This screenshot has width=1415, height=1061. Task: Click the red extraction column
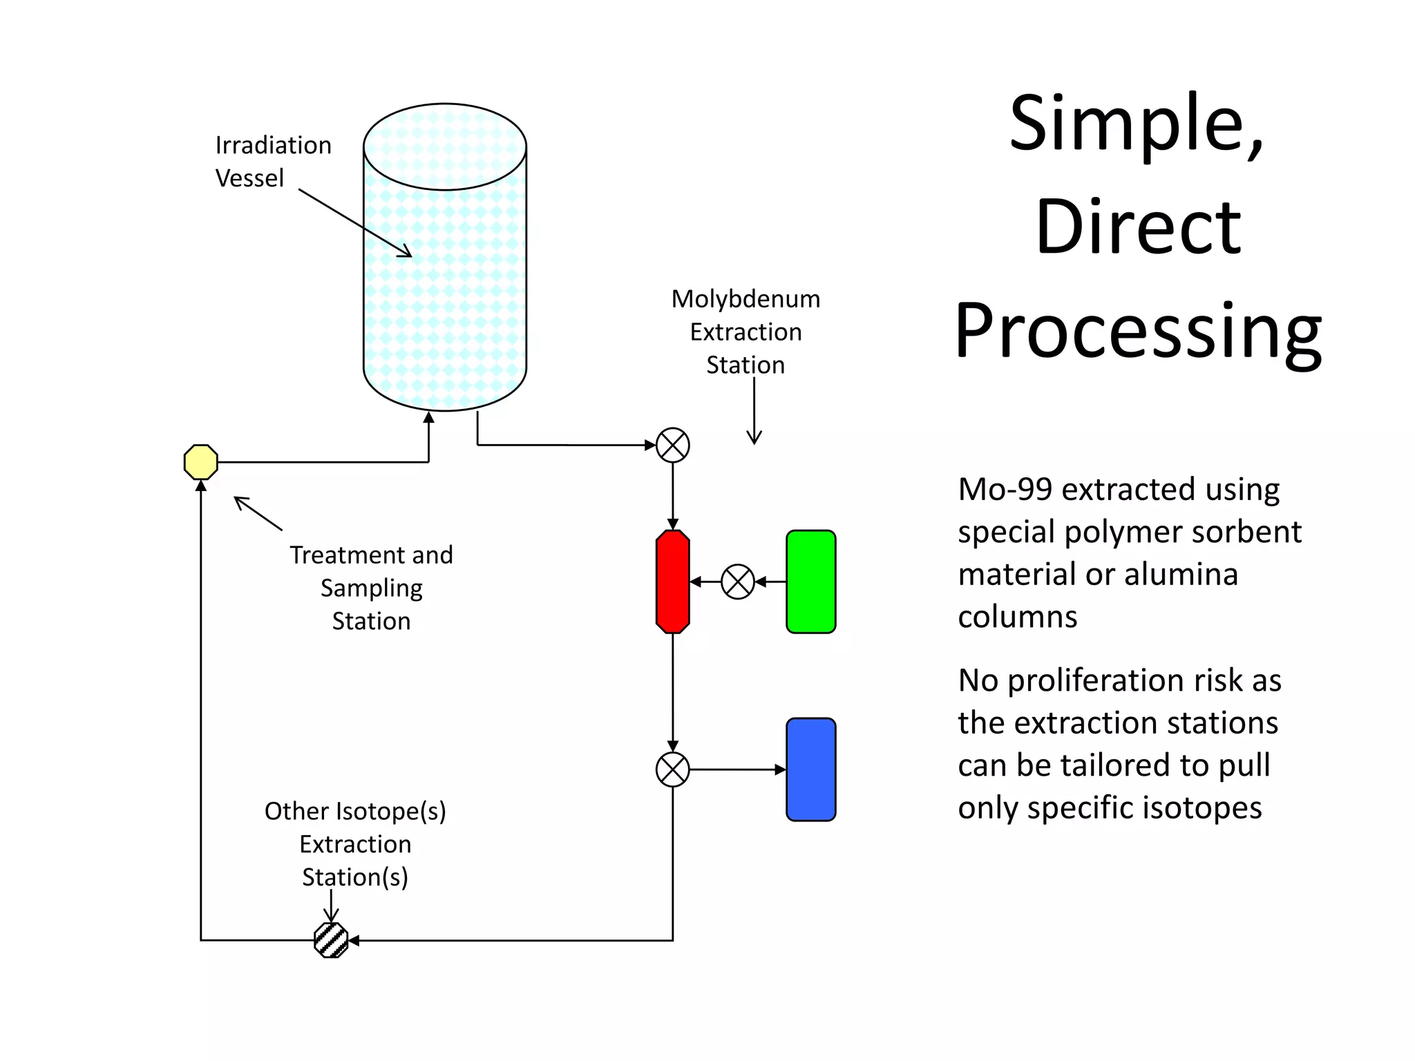coord(672,581)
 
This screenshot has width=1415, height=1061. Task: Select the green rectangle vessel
coord(810,581)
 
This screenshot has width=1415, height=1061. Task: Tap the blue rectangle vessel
coord(810,769)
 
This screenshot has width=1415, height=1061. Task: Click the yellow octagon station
coord(201,461)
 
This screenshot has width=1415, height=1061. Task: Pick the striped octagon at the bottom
coord(331,940)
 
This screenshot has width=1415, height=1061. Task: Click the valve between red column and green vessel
coord(737,582)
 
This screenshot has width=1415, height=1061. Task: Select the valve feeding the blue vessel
coord(672,769)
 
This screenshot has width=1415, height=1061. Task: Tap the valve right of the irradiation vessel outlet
coord(672,445)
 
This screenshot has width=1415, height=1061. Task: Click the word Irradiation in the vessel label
coord(274,145)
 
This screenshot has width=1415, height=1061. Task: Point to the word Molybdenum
coord(746,299)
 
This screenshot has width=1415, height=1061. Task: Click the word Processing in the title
coord(1138,332)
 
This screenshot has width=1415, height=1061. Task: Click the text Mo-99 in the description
coord(1005,489)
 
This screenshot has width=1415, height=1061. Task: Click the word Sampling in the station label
coord(371,589)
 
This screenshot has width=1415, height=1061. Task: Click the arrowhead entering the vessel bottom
coord(428,417)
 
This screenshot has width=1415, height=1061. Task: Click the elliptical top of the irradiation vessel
coord(445,146)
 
